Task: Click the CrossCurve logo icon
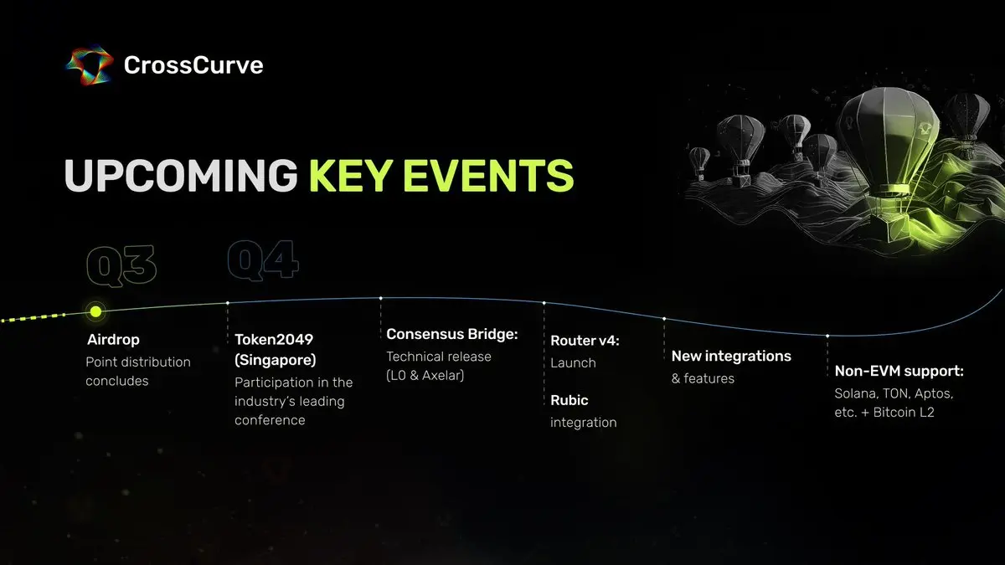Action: [90, 65]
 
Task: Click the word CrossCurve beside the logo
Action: [193, 65]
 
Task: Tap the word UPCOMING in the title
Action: [181, 175]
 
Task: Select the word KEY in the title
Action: [351, 175]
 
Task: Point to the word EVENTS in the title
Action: [488, 175]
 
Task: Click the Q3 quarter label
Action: [121, 265]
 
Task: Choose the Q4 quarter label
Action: [263, 260]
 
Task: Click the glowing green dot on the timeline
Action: [95, 311]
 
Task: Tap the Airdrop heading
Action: [113, 340]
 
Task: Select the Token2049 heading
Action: [274, 340]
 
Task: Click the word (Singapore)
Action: [275, 360]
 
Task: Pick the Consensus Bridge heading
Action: [451, 334]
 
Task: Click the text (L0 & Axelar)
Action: [425, 375]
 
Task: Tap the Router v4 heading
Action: [585, 341]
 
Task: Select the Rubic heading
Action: [569, 400]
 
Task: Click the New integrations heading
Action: [731, 356]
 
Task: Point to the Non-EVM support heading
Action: [899, 372]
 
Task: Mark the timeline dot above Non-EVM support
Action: [827, 336]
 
